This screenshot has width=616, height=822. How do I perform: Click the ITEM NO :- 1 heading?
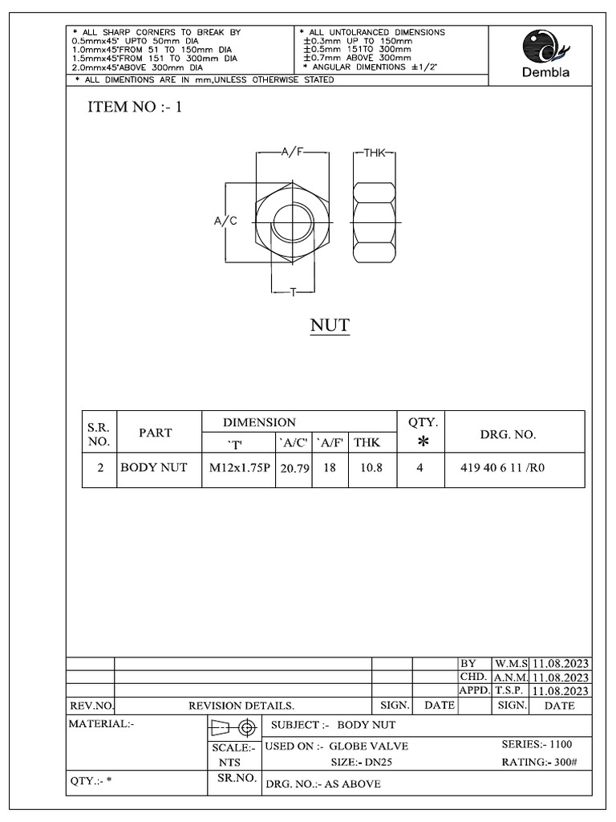[135, 108]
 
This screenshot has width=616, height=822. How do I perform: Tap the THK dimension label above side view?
[375, 153]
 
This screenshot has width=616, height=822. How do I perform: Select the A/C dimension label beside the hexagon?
[225, 221]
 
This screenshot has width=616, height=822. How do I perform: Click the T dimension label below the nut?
[293, 293]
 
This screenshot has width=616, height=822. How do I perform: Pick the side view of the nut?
[375, 221]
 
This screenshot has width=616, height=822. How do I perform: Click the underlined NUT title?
[330, 325]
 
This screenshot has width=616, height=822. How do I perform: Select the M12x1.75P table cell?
[238, 468]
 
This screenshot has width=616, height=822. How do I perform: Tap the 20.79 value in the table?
[294, 468]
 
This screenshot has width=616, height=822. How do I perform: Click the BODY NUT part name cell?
[153, 468]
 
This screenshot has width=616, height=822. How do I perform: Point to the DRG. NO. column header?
[508, 434]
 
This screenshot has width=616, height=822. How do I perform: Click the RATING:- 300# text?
[538, 762]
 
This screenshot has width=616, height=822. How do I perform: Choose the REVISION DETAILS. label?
[241, 706]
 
